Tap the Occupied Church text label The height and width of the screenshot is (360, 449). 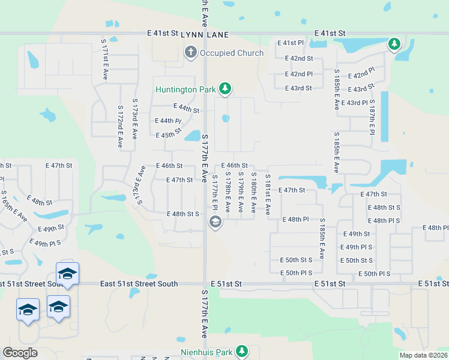tap(232, 53)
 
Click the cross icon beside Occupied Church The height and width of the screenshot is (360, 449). tap(191, 52)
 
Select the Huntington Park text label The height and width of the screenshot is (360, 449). tap(185, 89)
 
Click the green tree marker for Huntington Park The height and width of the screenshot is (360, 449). tap(225, 89)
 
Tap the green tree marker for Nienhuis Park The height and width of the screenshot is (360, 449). tap(242, 350)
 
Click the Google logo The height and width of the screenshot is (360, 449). tap(20, 353)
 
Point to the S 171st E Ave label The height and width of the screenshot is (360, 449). tap(104, 61)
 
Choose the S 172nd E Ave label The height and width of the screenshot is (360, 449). tap(120, 127)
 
